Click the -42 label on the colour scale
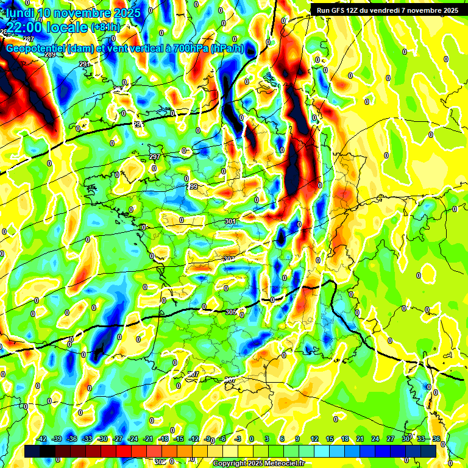pyautogui.click(x=42, y=439)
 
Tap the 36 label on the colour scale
pyautogui.click(x=436, y=439)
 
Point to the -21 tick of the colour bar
pyautogui.click(x=148, y=439)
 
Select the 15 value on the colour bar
pyautogui.click(x=330, y=439)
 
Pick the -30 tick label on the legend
pyautogui.click(x=102, y=439)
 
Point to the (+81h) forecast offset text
pyautogui.click(x=105, y=27)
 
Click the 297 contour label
pyautogui.click(x=155, y=157)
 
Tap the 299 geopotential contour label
pyautogui.click(x=192, y=186)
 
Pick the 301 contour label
pyautogui.click(x=230, y=221)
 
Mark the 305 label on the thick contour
pyautogui.click(x=231, y=312)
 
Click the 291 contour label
pyautogui.click(x=84, y=64)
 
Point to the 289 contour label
pyautogui.click(x=50, y=55)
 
